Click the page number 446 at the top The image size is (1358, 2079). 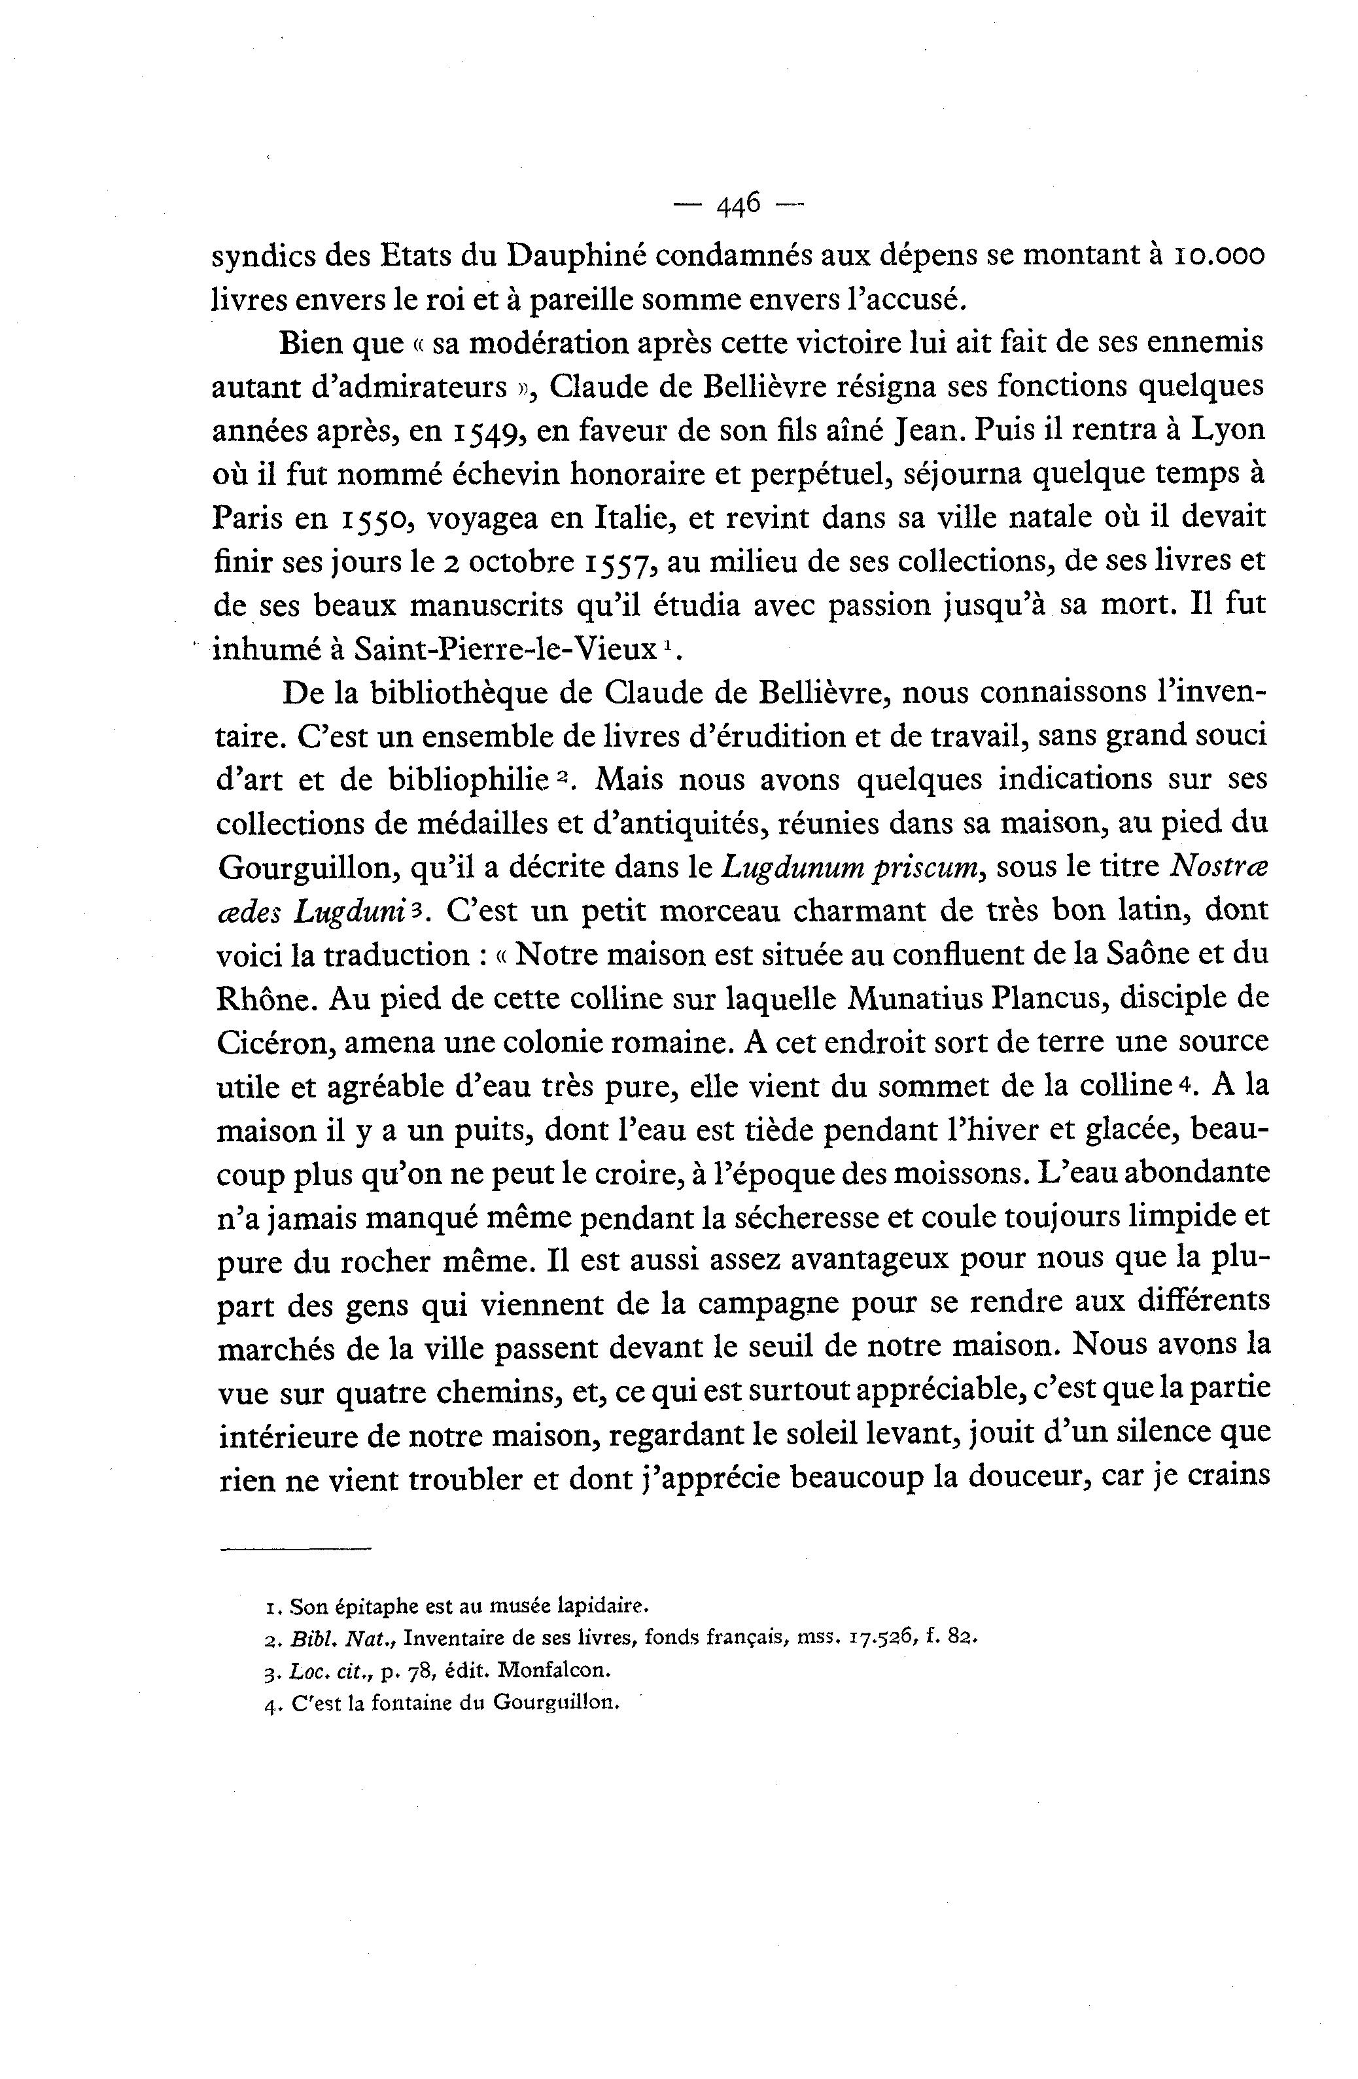click(x=739, y=205)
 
